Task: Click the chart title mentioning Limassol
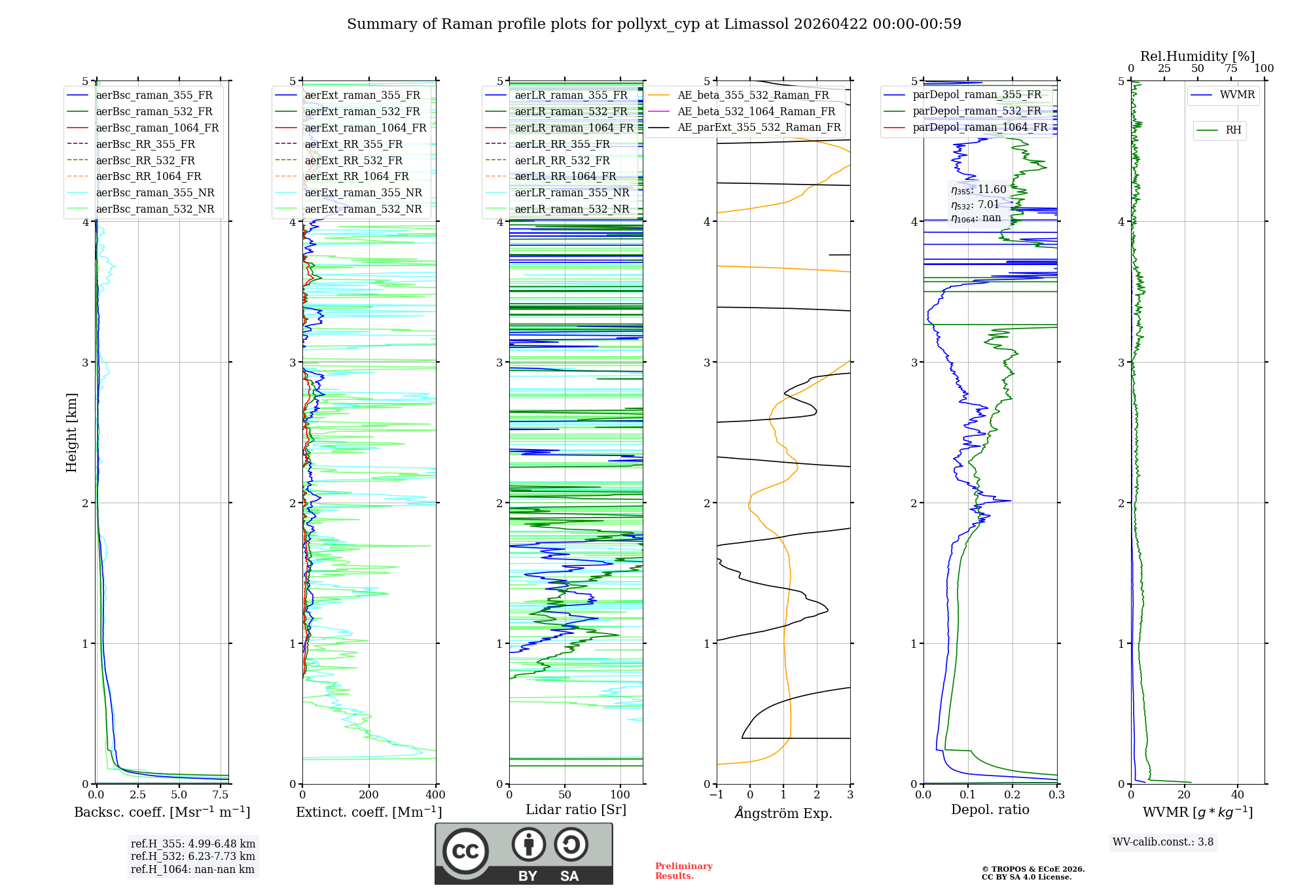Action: click(x=654, y=24)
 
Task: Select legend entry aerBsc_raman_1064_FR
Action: click(x=157, y=128)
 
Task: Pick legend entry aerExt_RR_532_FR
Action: click(x=353, y=160)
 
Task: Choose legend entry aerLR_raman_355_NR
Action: click(x=571, y=192)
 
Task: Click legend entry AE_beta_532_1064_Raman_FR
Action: click(x=756, y=111)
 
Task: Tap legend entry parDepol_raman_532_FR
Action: click(x=977, y=111)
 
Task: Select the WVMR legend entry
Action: click(x=1237, y=95)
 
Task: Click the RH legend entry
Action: click(x=1233, y=130)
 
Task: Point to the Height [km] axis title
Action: click(x=71, y=433)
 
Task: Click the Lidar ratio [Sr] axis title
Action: click(x=576, y=810)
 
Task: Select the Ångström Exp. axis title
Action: click(x=783, y=813)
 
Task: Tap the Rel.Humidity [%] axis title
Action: click(x=1197, y=56)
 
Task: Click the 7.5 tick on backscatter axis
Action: click(x=221, y=795)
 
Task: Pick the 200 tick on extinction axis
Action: click(x=369, y=795)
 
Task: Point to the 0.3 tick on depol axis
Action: click(x=1056, y=795)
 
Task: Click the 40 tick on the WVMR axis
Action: click(x=1238, y=795)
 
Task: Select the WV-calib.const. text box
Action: click(x=1163, y=842)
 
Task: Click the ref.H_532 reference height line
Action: click(x=192, y=856)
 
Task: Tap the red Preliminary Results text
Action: click(x=683, y=871)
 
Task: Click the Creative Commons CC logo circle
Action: click(x=465, y=851)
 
